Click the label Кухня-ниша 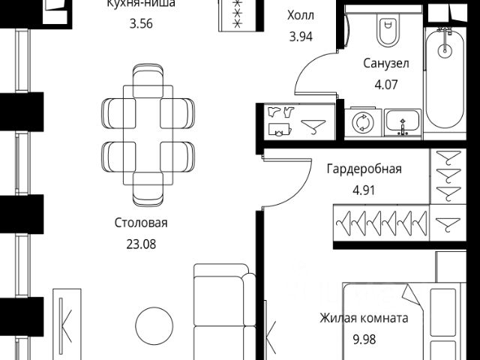coord(141,4)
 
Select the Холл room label coord(301,14)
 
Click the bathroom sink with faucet coord(403,122)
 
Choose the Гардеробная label coord(364,169)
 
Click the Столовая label coord(141,223)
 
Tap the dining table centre coord(148,136)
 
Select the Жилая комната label coord(364,318)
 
